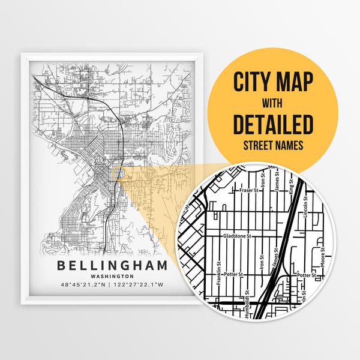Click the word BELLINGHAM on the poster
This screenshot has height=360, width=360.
click(x=113, y=265)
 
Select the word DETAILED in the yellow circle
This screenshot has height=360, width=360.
click(x=273, y=124)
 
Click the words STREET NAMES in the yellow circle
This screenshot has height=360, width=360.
click(x=273, y=145)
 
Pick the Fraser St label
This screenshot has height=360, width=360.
click(x=247, y=191)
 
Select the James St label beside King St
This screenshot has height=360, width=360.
click(x=276, y=182)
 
